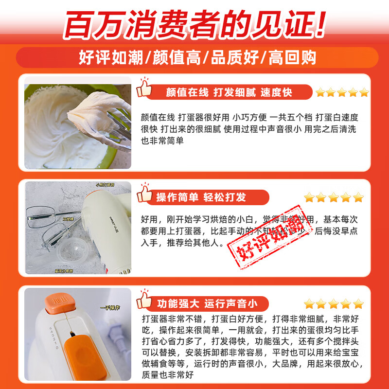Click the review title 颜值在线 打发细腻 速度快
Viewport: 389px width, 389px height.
point(229,92)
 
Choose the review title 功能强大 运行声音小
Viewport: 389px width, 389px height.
point(207,304)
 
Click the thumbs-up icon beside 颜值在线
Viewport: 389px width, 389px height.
point(144,88)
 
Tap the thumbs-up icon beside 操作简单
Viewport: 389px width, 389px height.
point(144,194)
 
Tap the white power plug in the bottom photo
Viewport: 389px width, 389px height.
point(117,336)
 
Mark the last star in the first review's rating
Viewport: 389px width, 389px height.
point(364,92)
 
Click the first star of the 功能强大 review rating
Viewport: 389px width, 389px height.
point(308,304)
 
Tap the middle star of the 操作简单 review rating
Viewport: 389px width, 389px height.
point(334,197)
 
